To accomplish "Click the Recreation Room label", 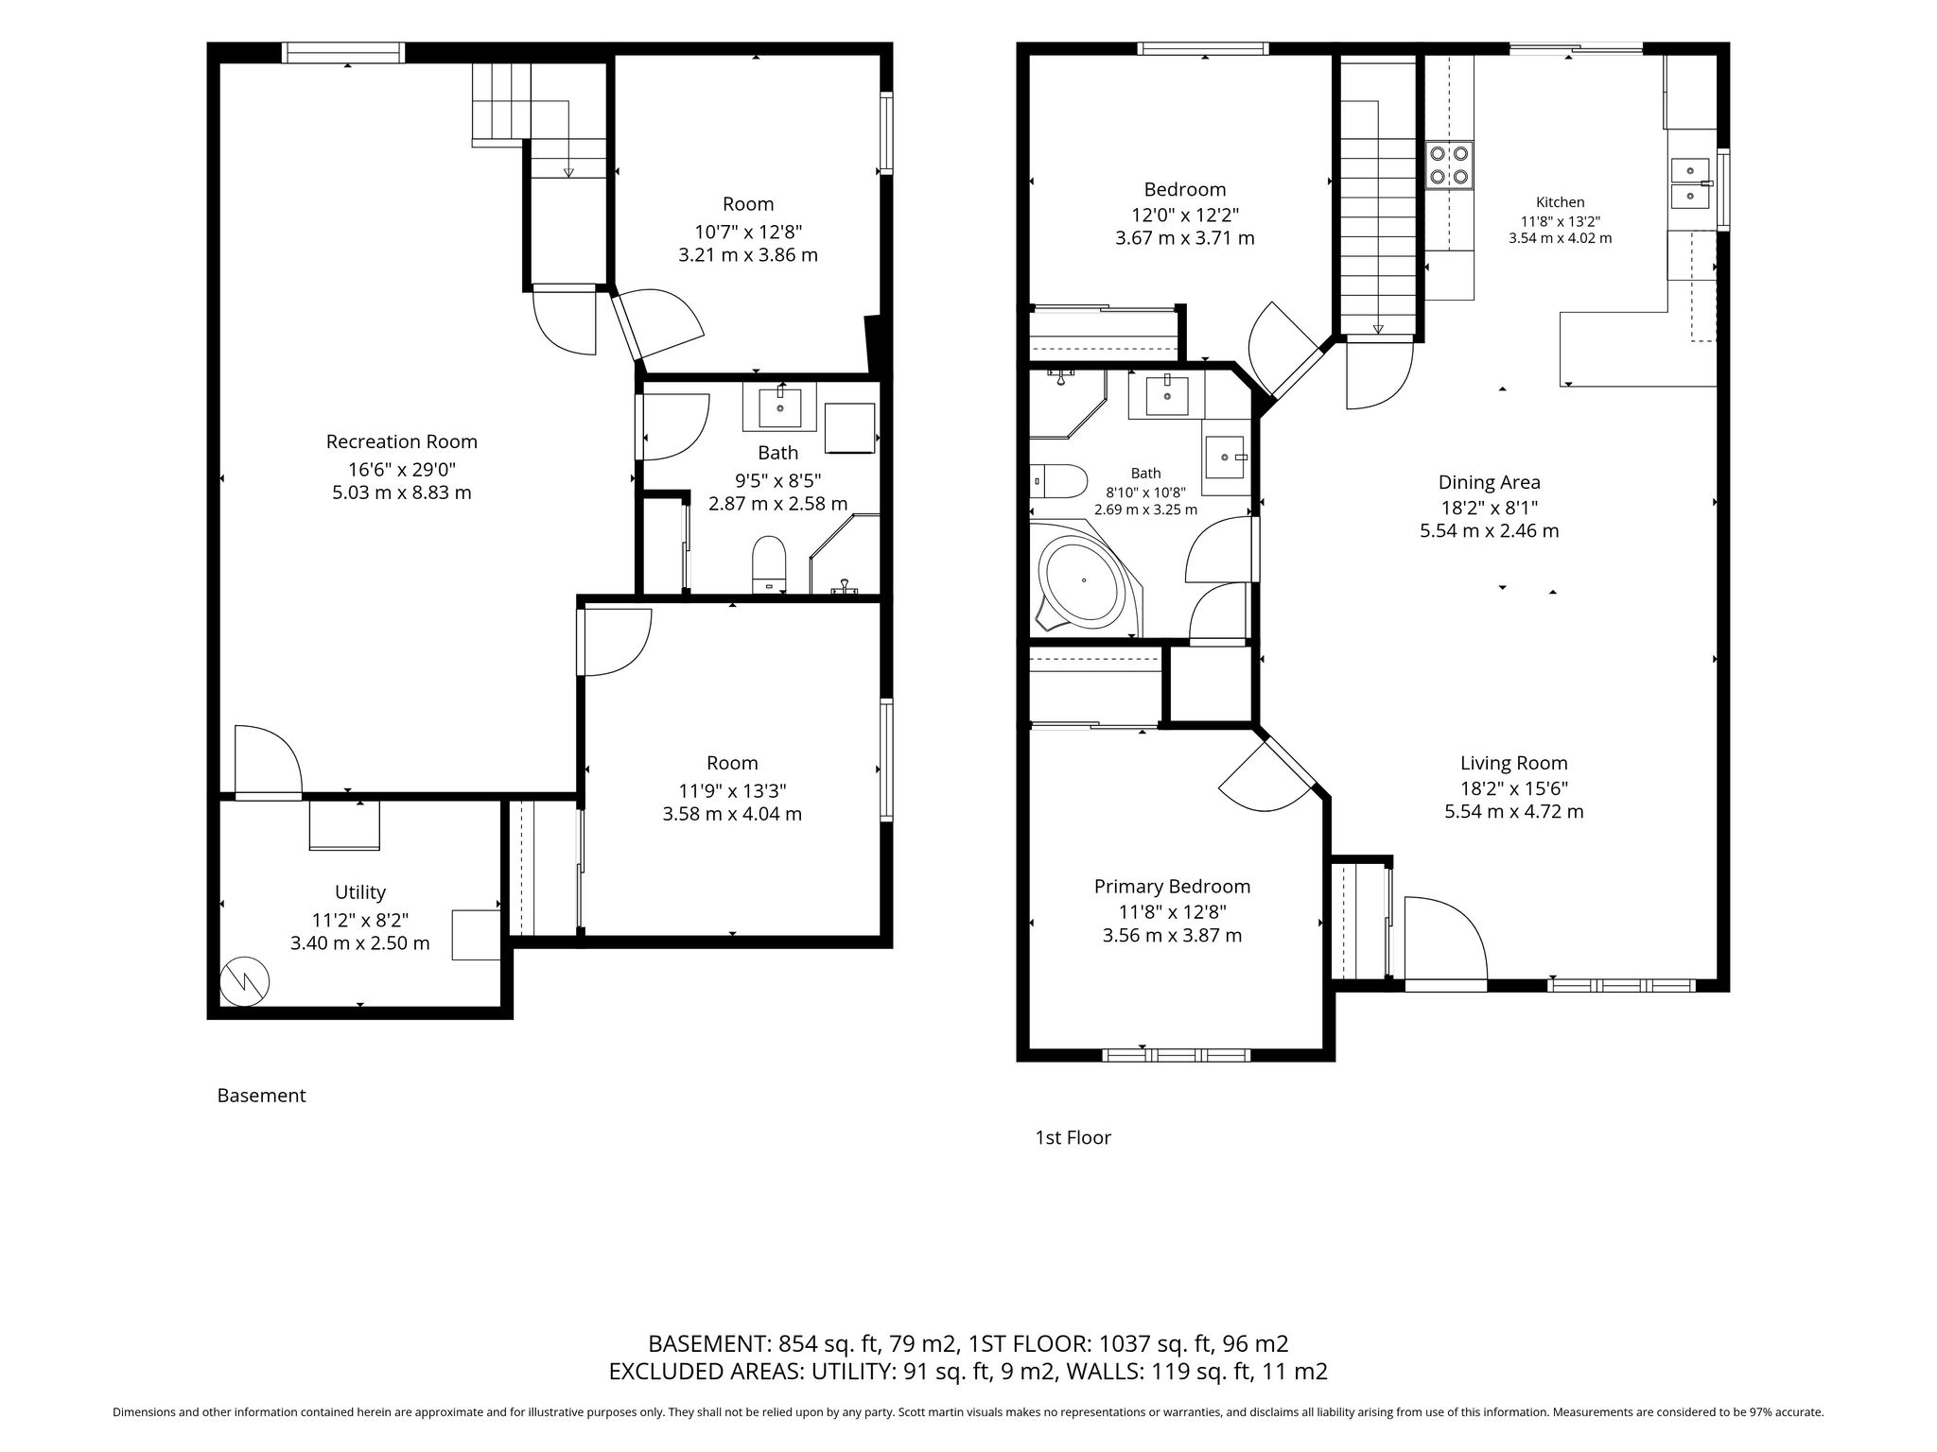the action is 402,441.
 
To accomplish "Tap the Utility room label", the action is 360,892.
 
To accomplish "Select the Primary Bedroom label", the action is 1172,887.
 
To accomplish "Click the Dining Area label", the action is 1490,483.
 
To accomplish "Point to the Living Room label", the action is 1514,764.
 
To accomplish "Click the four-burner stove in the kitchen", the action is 1449,164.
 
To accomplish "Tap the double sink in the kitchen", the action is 1690,183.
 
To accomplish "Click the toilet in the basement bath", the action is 770,564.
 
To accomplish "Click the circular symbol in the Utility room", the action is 245,982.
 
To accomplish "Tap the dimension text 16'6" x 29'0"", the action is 402,468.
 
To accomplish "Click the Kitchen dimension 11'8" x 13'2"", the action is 1560,221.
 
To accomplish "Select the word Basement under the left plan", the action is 262,1096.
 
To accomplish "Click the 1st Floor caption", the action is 1073,1137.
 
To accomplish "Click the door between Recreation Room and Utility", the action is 268,762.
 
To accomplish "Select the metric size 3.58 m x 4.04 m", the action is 732,814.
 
